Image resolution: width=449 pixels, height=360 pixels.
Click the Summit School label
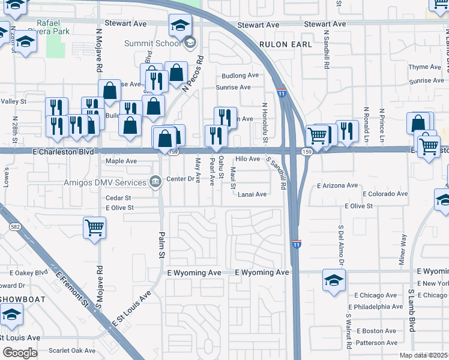[152, 43]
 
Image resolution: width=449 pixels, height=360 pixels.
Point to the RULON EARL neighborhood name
[286, 44]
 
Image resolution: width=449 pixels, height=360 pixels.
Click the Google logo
[20, 353]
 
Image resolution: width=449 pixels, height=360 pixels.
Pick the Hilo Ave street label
[247, 159]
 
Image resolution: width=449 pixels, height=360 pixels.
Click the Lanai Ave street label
[252, 194]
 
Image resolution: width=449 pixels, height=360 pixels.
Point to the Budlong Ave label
[240, 76]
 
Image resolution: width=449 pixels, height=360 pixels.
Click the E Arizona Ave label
[337, 186]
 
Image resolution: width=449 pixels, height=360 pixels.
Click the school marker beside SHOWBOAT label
[11, 315]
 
